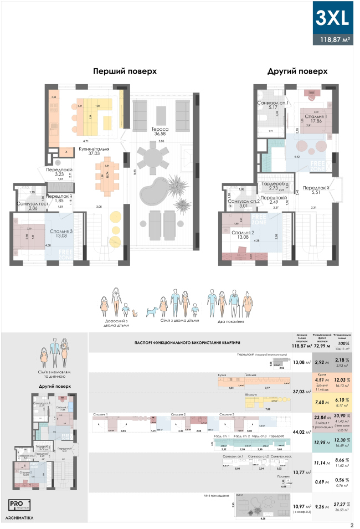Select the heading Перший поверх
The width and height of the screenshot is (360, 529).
point(125,71)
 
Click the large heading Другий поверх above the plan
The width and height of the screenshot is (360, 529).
point(297,71)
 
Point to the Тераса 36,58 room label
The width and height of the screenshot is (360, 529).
point(161,131)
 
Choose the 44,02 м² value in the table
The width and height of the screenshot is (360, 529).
point(302,432)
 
